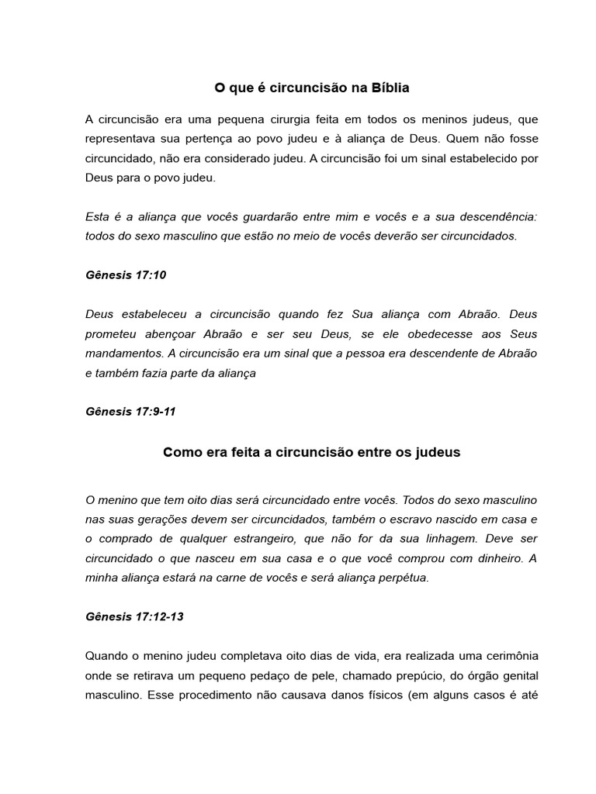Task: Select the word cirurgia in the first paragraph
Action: click(308, 119)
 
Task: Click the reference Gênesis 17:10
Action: click(126, 275)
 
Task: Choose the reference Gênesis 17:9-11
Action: click(130, 412)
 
